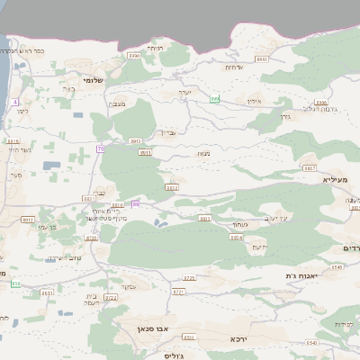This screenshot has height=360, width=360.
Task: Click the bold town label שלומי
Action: point(94,80)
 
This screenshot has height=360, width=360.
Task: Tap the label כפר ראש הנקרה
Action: point(31,50)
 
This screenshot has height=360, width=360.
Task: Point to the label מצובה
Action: point(118,105)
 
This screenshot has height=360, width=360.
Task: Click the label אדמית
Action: point(233,67)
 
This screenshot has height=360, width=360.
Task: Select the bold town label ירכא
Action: point(238,338)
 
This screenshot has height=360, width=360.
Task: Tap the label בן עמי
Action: point(48,227)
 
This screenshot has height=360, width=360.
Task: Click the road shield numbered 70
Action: point(101,148)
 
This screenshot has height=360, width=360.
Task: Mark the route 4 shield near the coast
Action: point(15,102)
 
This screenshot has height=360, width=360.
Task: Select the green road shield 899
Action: point(215,98)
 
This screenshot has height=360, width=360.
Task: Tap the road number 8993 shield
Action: point(135,140)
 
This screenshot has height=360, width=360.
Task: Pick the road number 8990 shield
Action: point(134,56)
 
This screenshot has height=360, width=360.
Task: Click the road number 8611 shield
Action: point(47,292)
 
